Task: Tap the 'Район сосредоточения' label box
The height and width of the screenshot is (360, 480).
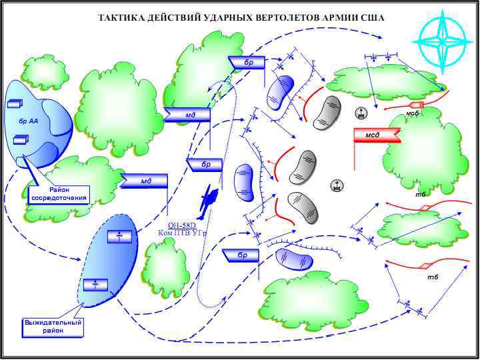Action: pos(59,194)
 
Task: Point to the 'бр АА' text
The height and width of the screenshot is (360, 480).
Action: pos(28,122)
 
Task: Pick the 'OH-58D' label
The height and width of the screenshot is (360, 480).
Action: pos(181,225)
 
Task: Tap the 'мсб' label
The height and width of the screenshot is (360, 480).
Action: pos(412,114)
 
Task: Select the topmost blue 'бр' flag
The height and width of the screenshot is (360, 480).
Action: pos(247,62)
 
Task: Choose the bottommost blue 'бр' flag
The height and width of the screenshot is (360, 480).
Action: pos(241,255)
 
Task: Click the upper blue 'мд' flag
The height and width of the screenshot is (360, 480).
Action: pos(189,115)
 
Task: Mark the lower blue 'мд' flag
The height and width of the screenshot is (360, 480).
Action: pos(145,181)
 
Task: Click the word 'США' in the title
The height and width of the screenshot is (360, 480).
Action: pos(370,17)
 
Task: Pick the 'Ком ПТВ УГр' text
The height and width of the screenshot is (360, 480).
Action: pos(182,233)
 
